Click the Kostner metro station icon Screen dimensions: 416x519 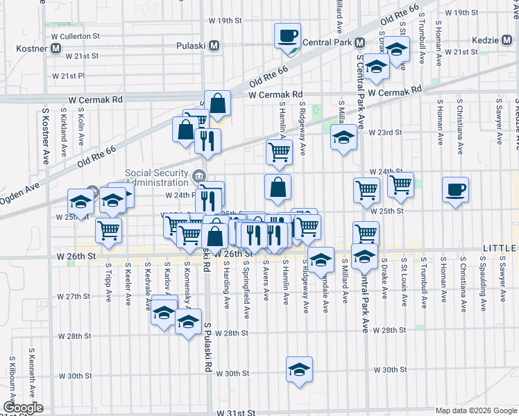56,49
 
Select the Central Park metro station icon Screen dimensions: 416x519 359,42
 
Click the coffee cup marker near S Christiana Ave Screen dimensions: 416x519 455,189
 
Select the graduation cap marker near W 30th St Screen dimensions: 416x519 299,369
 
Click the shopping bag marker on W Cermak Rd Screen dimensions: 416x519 218,103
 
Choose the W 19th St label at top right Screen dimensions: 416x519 462,13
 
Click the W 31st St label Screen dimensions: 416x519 236,413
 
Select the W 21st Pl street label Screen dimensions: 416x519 68,76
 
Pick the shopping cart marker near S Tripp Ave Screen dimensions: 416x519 109,229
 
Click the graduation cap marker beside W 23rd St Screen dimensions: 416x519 343,137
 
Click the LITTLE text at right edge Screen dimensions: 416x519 500,248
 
